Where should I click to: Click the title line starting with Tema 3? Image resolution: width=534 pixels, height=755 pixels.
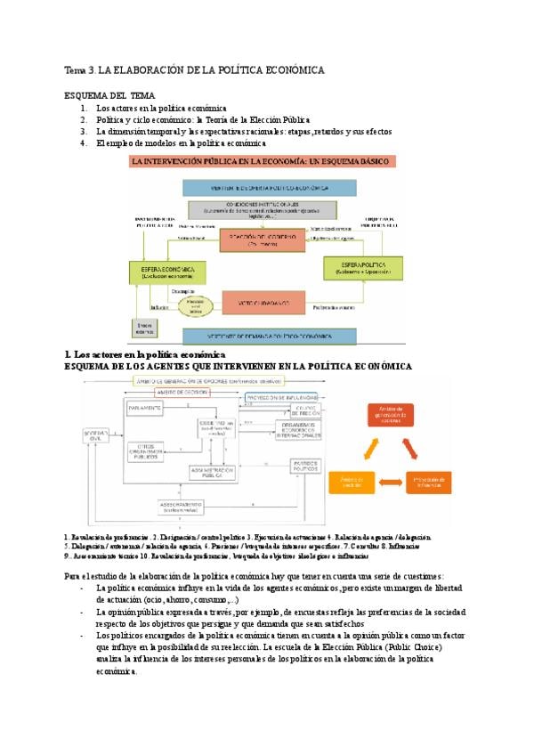point(194,69)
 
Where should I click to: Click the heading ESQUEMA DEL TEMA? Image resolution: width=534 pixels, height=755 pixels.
point(110,95)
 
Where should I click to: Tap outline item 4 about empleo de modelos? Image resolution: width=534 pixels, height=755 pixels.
point(181,142)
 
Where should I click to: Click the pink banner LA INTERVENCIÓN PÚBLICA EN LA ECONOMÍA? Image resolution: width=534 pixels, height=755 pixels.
point(263,162)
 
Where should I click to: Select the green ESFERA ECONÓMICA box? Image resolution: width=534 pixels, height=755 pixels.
point(167,272)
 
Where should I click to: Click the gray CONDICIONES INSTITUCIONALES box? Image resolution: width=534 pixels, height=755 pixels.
point(262,210)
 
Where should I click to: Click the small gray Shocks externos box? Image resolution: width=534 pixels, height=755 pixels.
point(144,329)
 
